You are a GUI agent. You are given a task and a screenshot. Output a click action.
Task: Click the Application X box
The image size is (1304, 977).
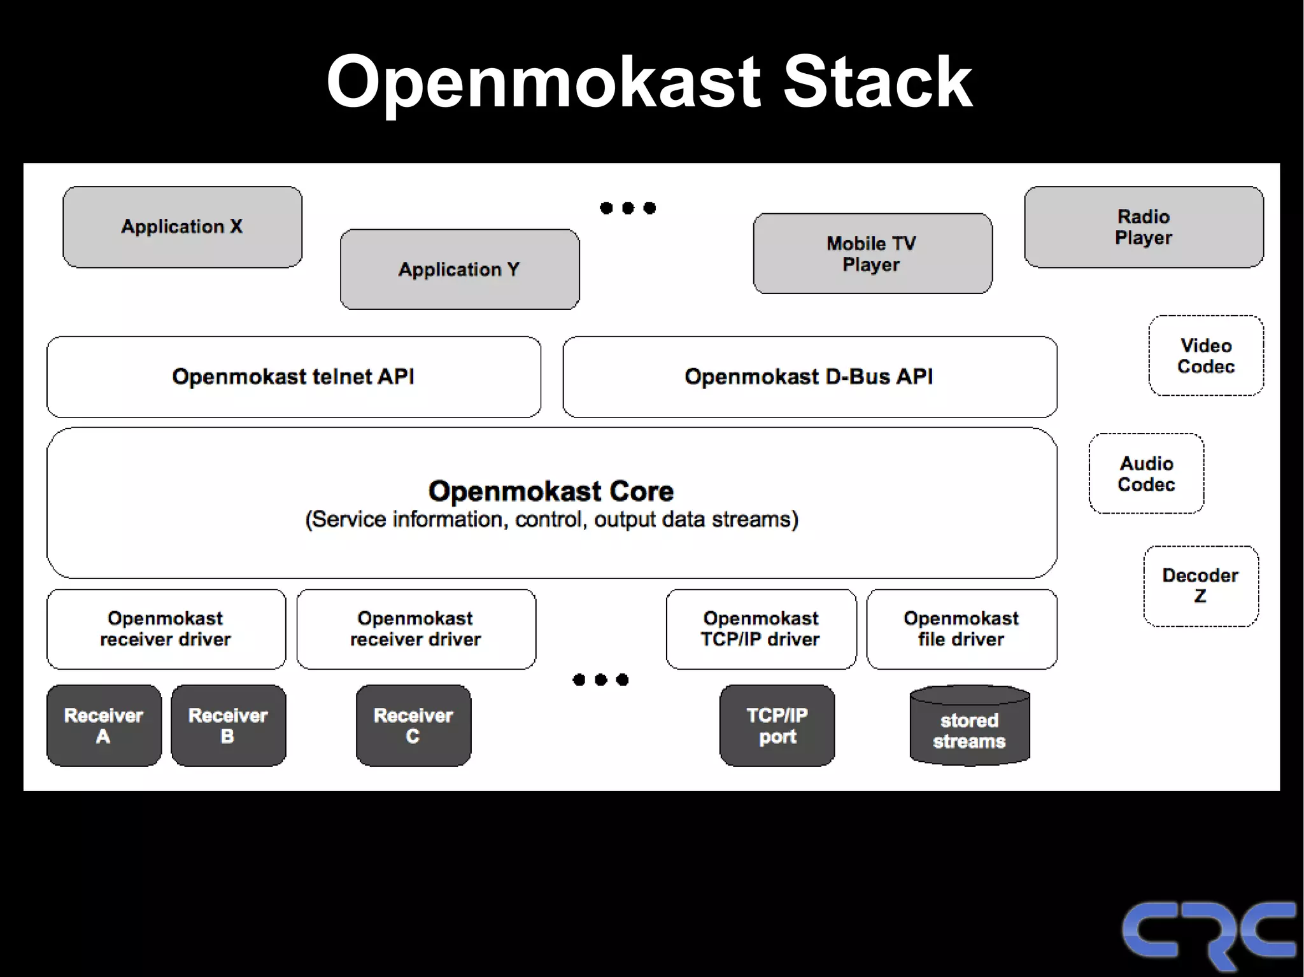point(182,227)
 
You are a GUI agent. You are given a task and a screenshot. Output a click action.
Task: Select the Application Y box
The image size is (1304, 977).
point(460,269)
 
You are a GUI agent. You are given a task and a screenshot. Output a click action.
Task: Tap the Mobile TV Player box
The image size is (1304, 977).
point(872,253)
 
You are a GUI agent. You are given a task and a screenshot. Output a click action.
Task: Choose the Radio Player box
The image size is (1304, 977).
point(1144,227)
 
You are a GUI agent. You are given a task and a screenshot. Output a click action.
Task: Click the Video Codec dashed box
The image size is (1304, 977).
point(1206,356)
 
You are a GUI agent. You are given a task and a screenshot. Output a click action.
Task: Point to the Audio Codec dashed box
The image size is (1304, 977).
point(1146,474)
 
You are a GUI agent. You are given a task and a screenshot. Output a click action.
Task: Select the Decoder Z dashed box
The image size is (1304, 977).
point(1201,586)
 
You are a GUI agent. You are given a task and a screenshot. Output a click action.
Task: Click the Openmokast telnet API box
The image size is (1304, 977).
point(294,377)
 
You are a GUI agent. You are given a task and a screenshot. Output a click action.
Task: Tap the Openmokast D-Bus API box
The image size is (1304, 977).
point(809,377)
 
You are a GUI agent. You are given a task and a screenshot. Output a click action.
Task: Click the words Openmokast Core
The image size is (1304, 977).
point(551,491)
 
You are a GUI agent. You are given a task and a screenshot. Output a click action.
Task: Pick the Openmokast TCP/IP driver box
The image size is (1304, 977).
point(761,629)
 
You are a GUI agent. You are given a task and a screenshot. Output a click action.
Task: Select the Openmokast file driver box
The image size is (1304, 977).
point(961,629)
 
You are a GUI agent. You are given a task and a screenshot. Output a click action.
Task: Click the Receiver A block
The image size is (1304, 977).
point(104,726)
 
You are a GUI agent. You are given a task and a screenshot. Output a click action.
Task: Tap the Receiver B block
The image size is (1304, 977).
point(228,726)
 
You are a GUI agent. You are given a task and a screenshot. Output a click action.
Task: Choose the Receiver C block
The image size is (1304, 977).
point(413,726)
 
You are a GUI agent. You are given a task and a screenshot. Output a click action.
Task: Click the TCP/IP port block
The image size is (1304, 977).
point(777,726)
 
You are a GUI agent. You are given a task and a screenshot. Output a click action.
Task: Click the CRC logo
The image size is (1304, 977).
point(1208,932)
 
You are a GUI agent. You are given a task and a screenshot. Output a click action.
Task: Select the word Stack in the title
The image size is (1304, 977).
point(877,83)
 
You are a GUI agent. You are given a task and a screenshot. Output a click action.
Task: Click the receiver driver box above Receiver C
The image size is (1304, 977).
point(416,629)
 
